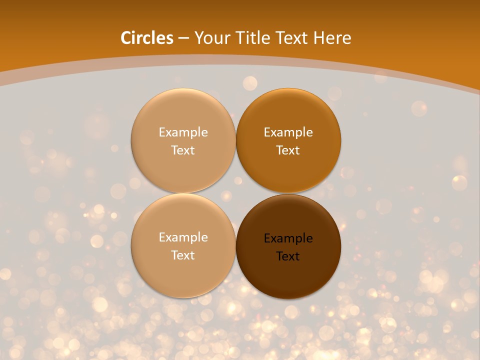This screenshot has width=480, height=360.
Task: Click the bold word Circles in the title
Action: pyautogui.click(x=147, y=38)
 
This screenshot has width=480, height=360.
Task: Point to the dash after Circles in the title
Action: pyautogui.click(x=183, y=38)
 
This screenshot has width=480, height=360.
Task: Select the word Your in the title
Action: pyautogui.click(x=210, y=38)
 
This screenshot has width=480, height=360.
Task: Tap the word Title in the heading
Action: pyautogui.click(x=251, y=38)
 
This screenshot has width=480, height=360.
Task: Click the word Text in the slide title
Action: pyautogui.click(x=291, y=38)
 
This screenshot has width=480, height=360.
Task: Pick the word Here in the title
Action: pyautogui.click(x=332, y=38)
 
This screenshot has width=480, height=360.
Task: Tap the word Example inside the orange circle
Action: pyautogui.click(x=288, y=132)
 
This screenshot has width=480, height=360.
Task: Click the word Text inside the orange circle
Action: pyautogui.click(x=288, y=150)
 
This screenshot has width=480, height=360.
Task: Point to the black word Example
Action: pyautogui.click(x=288, y=238)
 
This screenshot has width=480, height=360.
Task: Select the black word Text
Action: pyautogui.click(x=288, y=256)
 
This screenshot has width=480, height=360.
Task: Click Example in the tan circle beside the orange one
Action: pyautogui.click(x=183, y=132)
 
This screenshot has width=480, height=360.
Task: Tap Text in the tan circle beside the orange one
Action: pyautogui.click(x=183, y=150)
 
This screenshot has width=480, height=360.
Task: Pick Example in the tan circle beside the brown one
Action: pyautogui.click(x=183, y=237)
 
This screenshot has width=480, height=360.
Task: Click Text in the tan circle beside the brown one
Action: pyautogui.click(x=183, y=255)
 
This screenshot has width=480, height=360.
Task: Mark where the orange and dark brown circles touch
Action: pyautogui.click(x=288, y=193)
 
